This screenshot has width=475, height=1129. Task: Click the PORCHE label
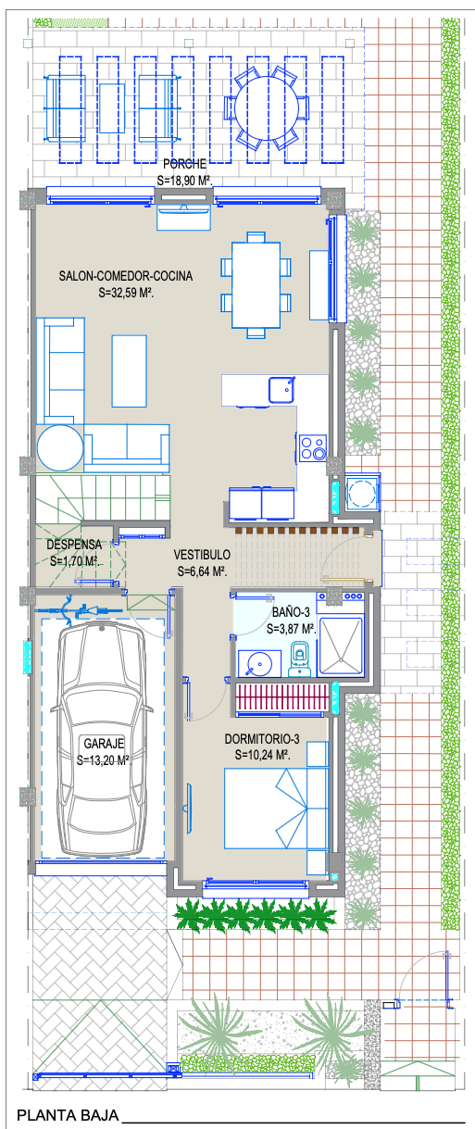point(185,164)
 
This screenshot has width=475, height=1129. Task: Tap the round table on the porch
point(267,107)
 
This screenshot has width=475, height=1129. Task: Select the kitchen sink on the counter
point(281,390)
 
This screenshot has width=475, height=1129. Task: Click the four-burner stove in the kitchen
point(313,447)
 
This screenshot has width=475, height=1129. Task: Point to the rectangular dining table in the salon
point(256,285)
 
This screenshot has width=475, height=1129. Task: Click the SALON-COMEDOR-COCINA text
point(125,276)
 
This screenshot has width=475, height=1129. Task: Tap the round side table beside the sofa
point(60,448)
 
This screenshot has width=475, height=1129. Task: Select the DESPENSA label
point(74,545)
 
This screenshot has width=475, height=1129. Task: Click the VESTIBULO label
point(202,555)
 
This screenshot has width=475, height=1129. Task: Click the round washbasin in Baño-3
point(259,662)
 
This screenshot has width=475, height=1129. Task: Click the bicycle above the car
point(78,610)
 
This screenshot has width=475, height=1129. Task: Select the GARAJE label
point(104,744)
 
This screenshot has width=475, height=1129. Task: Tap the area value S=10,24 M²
point(262,755)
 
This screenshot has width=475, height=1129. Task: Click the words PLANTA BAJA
point(68,1115)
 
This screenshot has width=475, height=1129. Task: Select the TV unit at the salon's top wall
point(183,217)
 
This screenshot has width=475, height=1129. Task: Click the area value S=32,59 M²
point(126,293)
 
